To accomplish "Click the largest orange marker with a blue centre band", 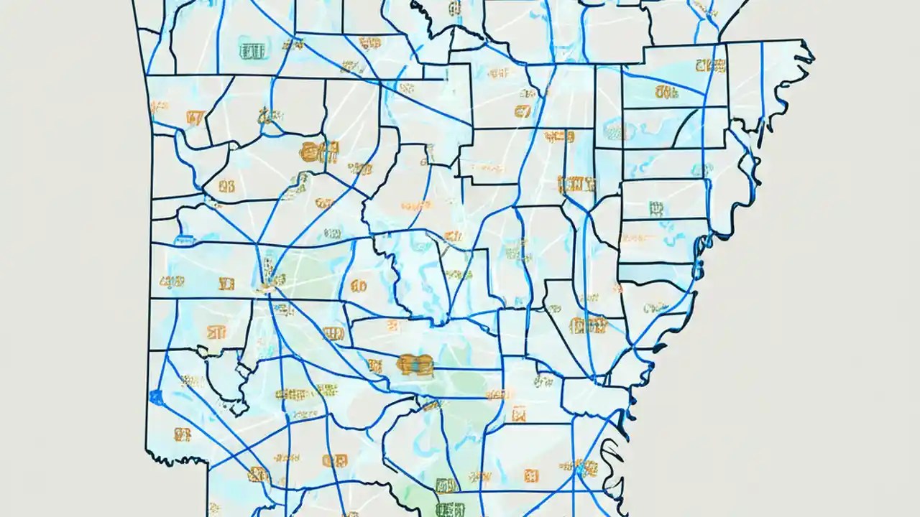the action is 415,364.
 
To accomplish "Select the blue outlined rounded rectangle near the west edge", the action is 183,239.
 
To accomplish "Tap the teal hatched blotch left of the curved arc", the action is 615,131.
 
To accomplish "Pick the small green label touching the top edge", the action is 454,9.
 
